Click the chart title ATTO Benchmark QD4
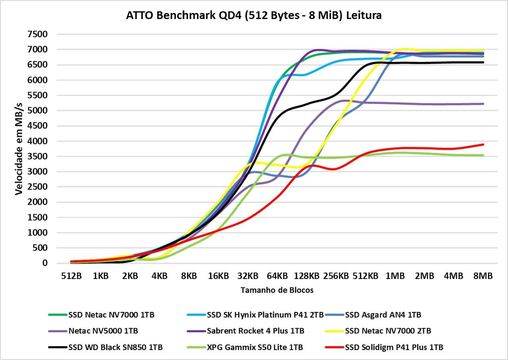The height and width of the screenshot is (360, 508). tap(254, 15)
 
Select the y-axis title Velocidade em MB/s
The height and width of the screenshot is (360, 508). tap(19, 149)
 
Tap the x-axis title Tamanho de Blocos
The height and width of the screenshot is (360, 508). tap(277, 290)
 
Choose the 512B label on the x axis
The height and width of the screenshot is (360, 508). tap(71, 276)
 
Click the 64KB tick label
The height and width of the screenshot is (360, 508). tap(277, 276)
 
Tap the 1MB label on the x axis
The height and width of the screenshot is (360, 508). tap(395, 276)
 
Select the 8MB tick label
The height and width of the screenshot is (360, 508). tap(483, 276)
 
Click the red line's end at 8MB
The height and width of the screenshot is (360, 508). tap(483, 144)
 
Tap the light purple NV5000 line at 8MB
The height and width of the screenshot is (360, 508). tap(483, 104)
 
